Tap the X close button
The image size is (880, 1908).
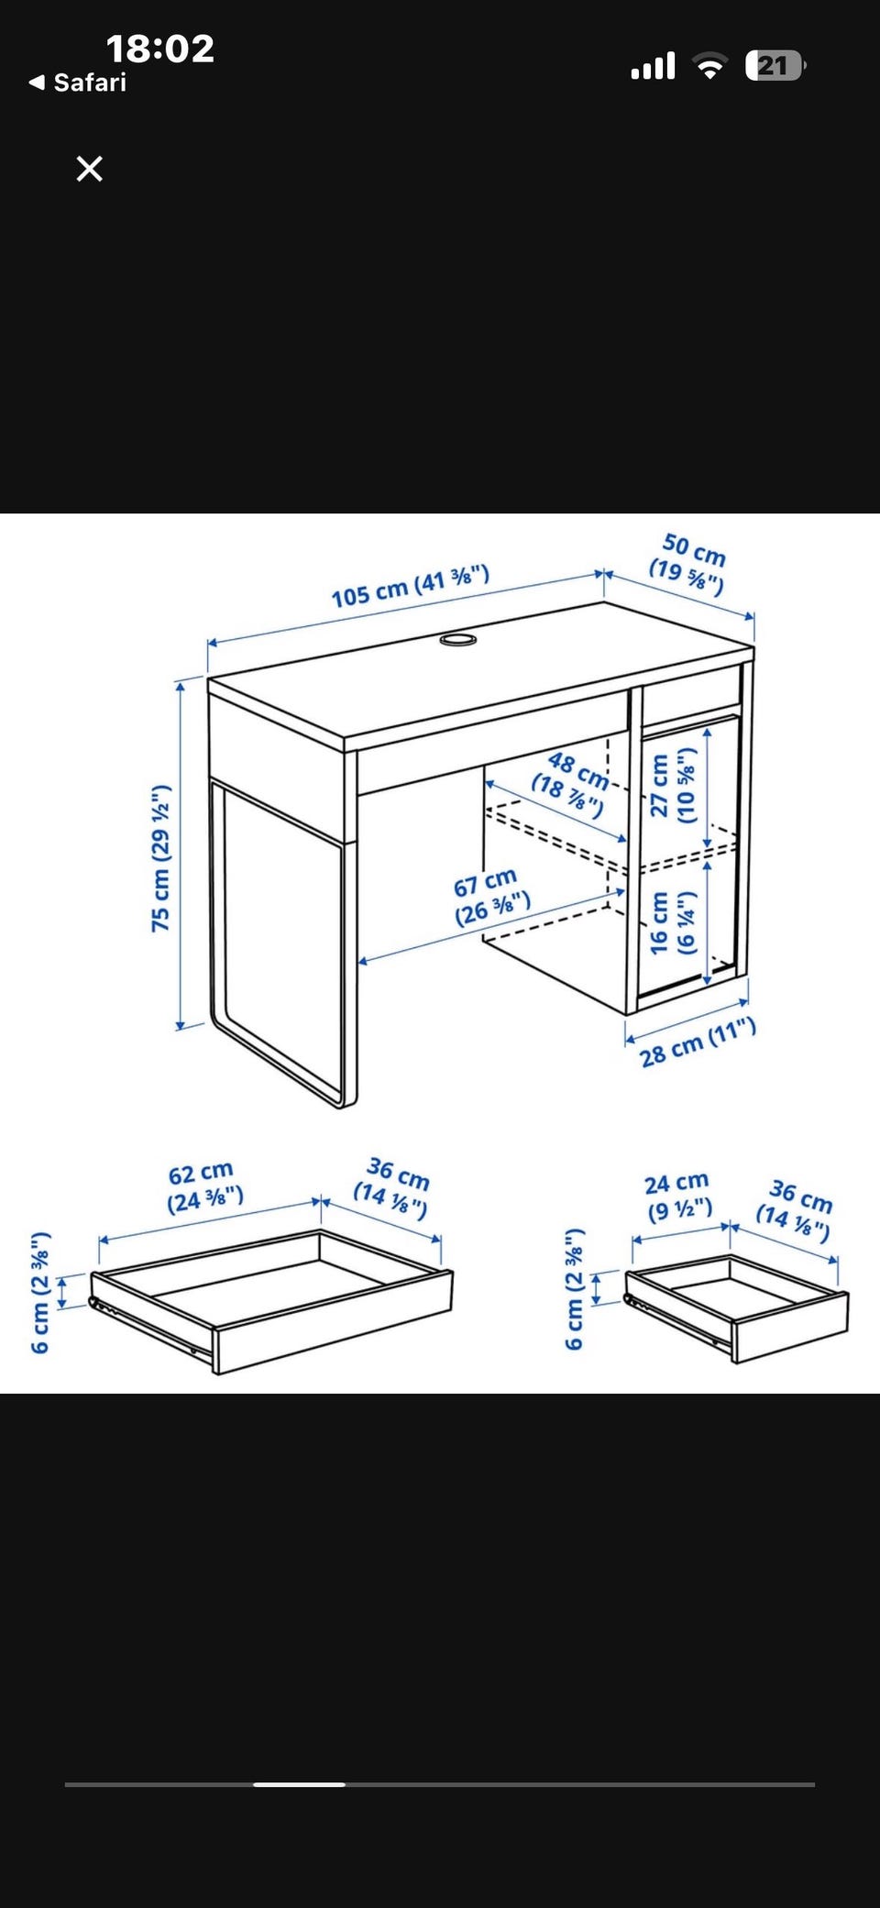click(x=89, y=169)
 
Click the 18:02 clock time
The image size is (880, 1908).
click(x=160, y=49)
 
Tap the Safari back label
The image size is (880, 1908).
click(x=78, y=83)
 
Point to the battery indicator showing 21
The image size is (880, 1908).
click(x=775, y=65)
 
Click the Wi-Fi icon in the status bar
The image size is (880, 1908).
click(x=709, y=65)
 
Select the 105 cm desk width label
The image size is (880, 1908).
click(x=411, y=587)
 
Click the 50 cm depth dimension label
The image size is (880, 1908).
click(x=689, y=563)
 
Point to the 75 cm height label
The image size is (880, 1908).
click(x=161, y=858)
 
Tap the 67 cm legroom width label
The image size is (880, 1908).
click(x=490, y=897)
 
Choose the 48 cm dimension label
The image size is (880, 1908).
click(x=571, y=784)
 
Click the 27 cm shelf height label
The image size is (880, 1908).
click(x=673, y=786)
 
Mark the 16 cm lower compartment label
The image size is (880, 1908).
click(x=673, y=922)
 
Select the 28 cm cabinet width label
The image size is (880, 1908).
click(x=698, y=1043)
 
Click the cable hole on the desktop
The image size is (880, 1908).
click(x=458, y=638)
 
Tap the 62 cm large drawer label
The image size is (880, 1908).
click(x=203, y=1186)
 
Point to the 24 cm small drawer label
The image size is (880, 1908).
click(x=678, y=1197)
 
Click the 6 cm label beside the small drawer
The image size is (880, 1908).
click(x=575, y=1288)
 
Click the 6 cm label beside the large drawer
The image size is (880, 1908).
click(x=40, y=1293)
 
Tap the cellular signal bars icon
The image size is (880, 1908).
click(x=653, y=65)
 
